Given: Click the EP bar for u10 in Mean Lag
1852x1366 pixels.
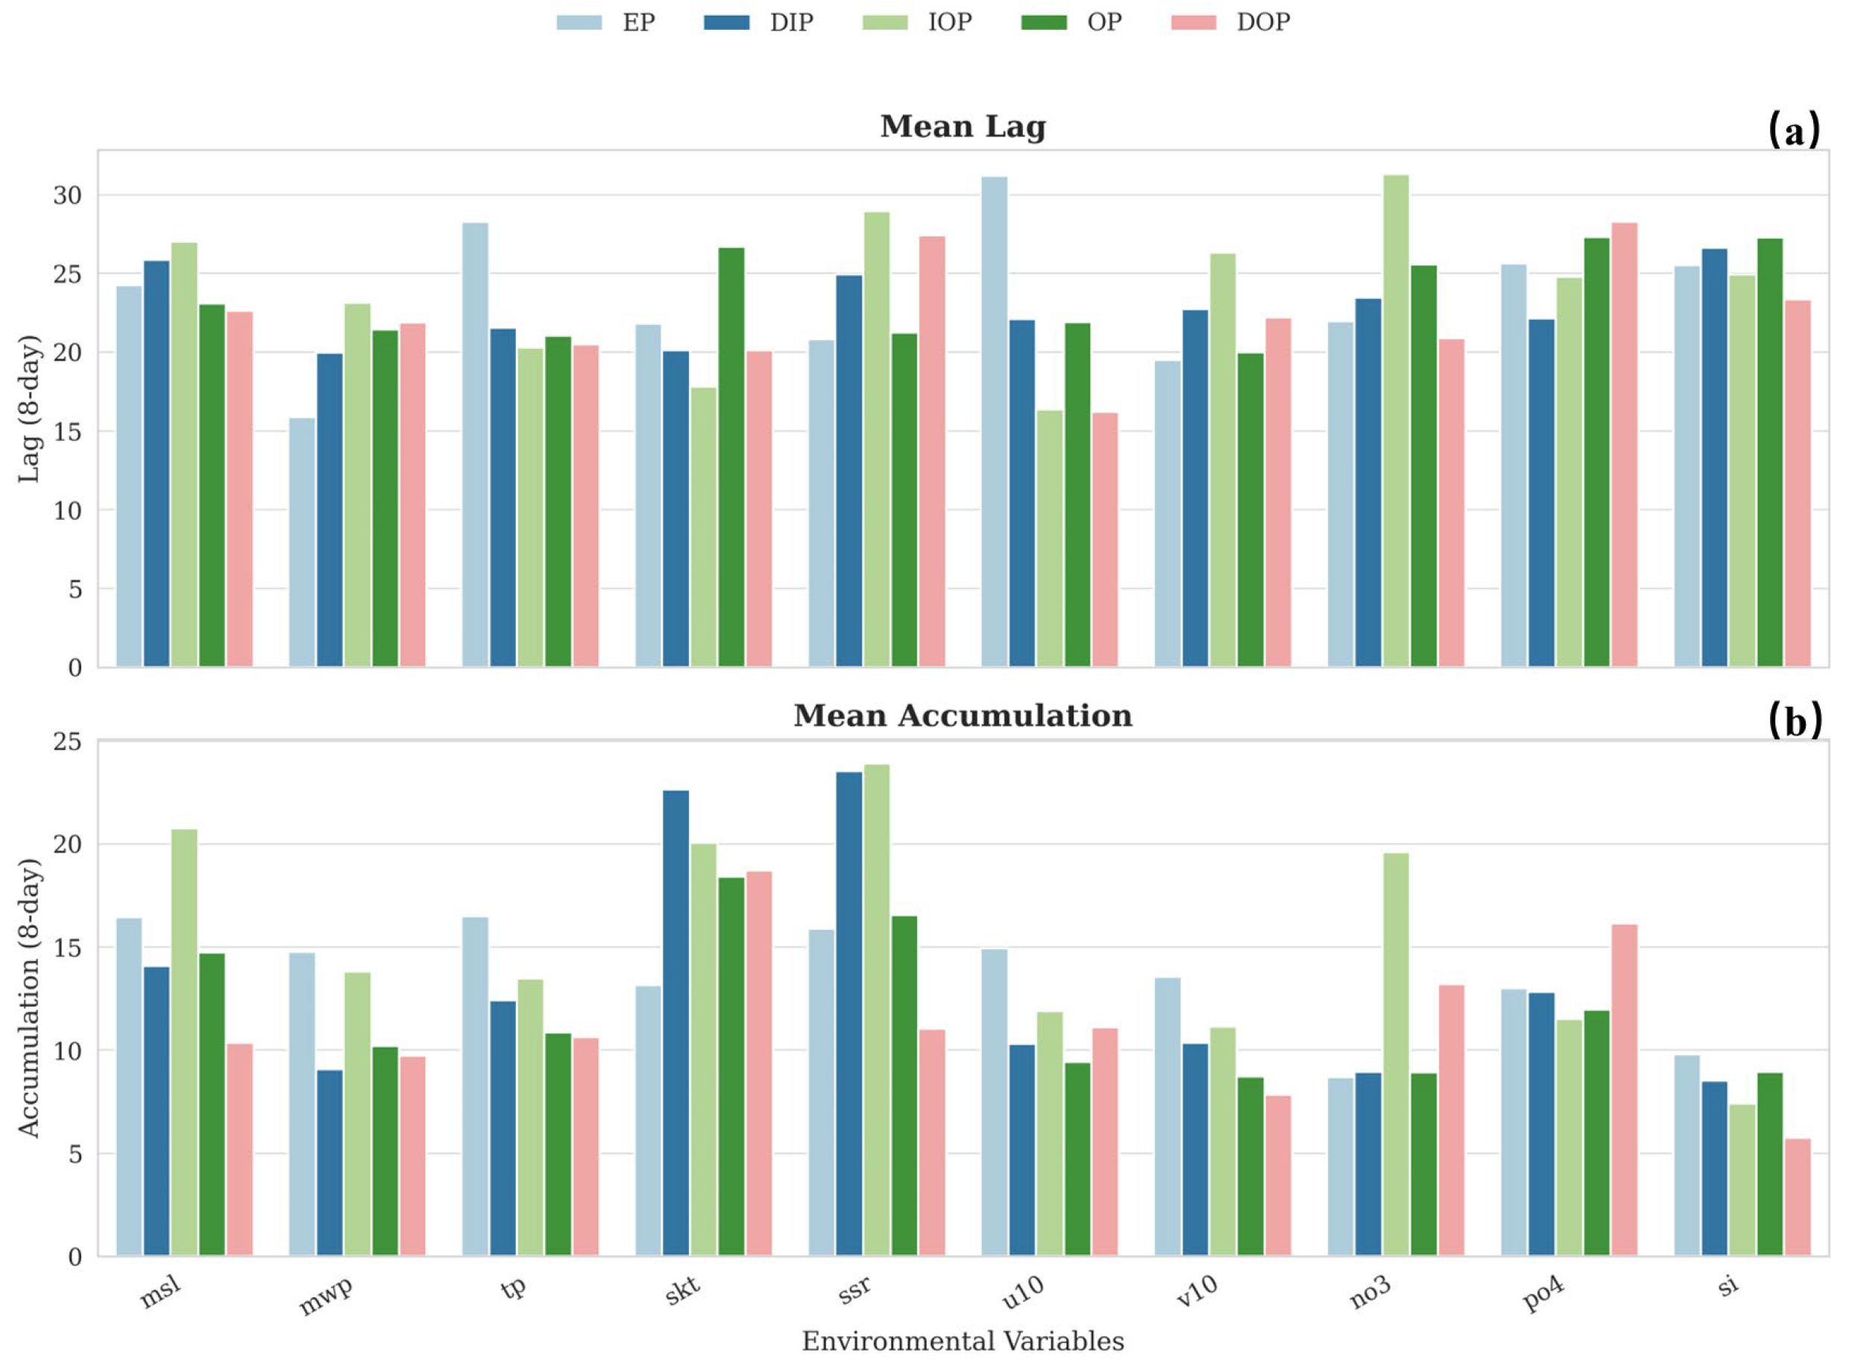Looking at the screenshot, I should [995, 422].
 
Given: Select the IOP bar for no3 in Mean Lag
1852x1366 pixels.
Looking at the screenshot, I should [1396, 422].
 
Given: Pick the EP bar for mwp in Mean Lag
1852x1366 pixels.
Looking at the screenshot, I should [302, 542].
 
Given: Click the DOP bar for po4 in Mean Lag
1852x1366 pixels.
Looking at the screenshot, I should [1624, 445].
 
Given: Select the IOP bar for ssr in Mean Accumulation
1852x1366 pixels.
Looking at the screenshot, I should [876, 1010].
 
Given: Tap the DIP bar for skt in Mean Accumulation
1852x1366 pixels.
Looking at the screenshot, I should [675, 1024].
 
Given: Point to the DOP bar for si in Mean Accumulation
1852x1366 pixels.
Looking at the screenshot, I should [1798, 1198].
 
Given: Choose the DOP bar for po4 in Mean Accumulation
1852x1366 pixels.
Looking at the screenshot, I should [1624, 1091].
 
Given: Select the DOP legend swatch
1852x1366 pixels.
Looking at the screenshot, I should [1193, 22].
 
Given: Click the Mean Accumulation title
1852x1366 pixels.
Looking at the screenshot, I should [963, 716].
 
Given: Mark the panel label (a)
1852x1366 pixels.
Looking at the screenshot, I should [1793, 130].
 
